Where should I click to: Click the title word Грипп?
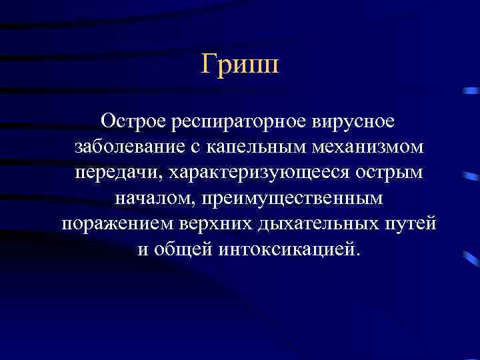240,66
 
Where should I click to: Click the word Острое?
133,122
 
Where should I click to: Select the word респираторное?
238,122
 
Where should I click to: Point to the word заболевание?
125,147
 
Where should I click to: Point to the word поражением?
117,223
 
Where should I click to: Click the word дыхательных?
312,223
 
